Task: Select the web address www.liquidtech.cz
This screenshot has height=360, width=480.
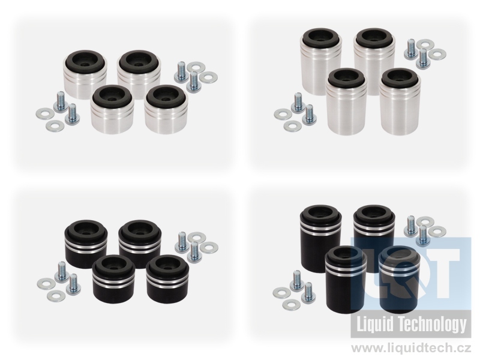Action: (411, 349)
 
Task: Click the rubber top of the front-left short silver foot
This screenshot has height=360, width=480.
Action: (112, 94)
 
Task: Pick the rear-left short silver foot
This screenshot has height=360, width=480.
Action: (85, 74)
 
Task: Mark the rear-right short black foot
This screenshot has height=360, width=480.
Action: (139, 244)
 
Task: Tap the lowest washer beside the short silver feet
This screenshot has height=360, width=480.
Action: (55, 125)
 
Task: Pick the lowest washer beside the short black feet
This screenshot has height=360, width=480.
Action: (56, 295)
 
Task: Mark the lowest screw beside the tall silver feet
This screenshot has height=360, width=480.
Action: (309, 114)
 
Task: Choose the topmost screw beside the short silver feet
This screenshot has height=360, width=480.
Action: (181, 71)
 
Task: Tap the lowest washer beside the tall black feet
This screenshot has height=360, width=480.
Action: (292, 304)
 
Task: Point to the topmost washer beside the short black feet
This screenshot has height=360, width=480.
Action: (196, 236)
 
